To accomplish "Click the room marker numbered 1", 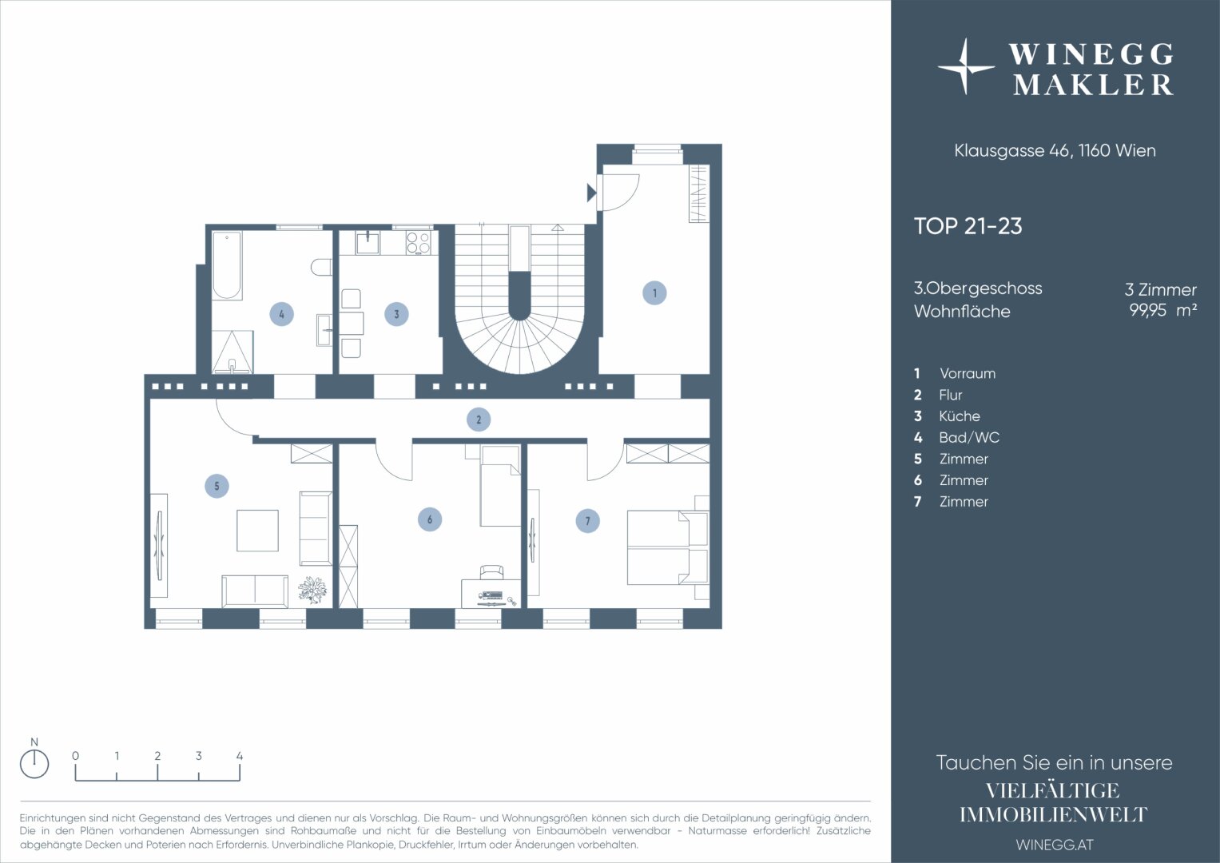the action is [x=654, y=293].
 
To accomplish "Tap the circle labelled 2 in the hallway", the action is [x=479, y=420].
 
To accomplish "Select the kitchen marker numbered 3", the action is [x=396, y=314].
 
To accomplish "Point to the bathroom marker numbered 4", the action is [x=281, y=314].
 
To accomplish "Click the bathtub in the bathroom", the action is [x=227, y=266].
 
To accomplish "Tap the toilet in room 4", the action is [x=321, y=267].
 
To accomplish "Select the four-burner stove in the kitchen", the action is [x=419, y=242].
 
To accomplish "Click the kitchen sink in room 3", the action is [x=368, y=242].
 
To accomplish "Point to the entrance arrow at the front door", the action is [x=591, y=193].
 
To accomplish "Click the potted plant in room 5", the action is [x=312, y=589].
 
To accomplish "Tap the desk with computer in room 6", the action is [x=491, y=593].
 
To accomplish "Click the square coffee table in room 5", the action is [x=257, y=531].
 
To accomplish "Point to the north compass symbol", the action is [x=34, y=763].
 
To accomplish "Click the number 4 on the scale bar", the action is [x=240, y=756].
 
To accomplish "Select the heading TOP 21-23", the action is [x=968, y=226].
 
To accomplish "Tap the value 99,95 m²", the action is [x=1162, y=310].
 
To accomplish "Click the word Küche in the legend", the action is [x=959, y=416].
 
